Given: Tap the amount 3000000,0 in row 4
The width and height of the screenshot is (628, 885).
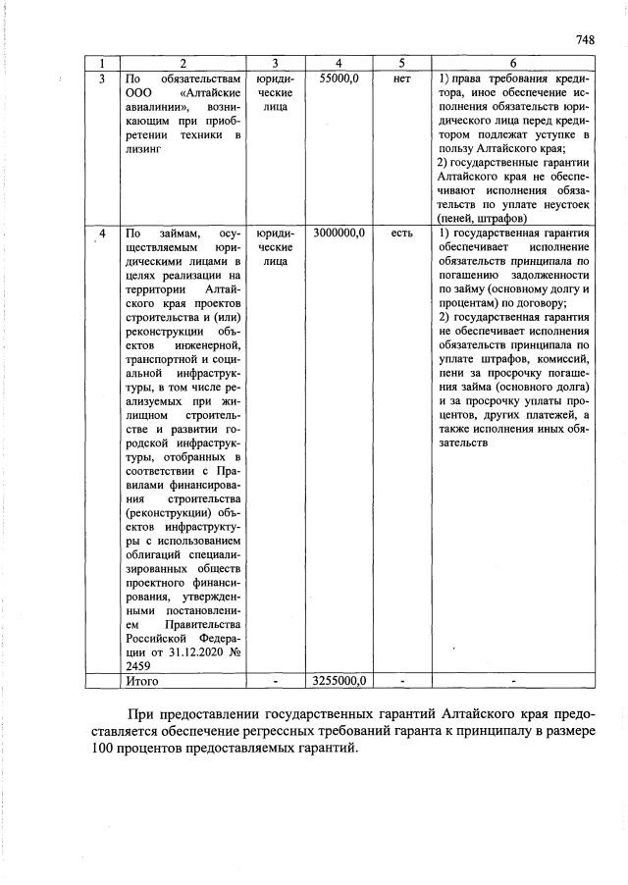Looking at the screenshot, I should coord(339,233).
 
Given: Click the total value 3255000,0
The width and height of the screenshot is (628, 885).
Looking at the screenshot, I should coord(339,679).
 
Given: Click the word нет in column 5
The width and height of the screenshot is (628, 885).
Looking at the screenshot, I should coord(400,78).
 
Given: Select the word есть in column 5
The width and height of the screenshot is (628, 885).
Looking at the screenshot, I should coord(400,233).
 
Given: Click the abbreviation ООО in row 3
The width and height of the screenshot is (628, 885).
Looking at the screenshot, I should coord(134,91).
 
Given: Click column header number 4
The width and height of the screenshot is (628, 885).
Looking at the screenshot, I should coord(339,63).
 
